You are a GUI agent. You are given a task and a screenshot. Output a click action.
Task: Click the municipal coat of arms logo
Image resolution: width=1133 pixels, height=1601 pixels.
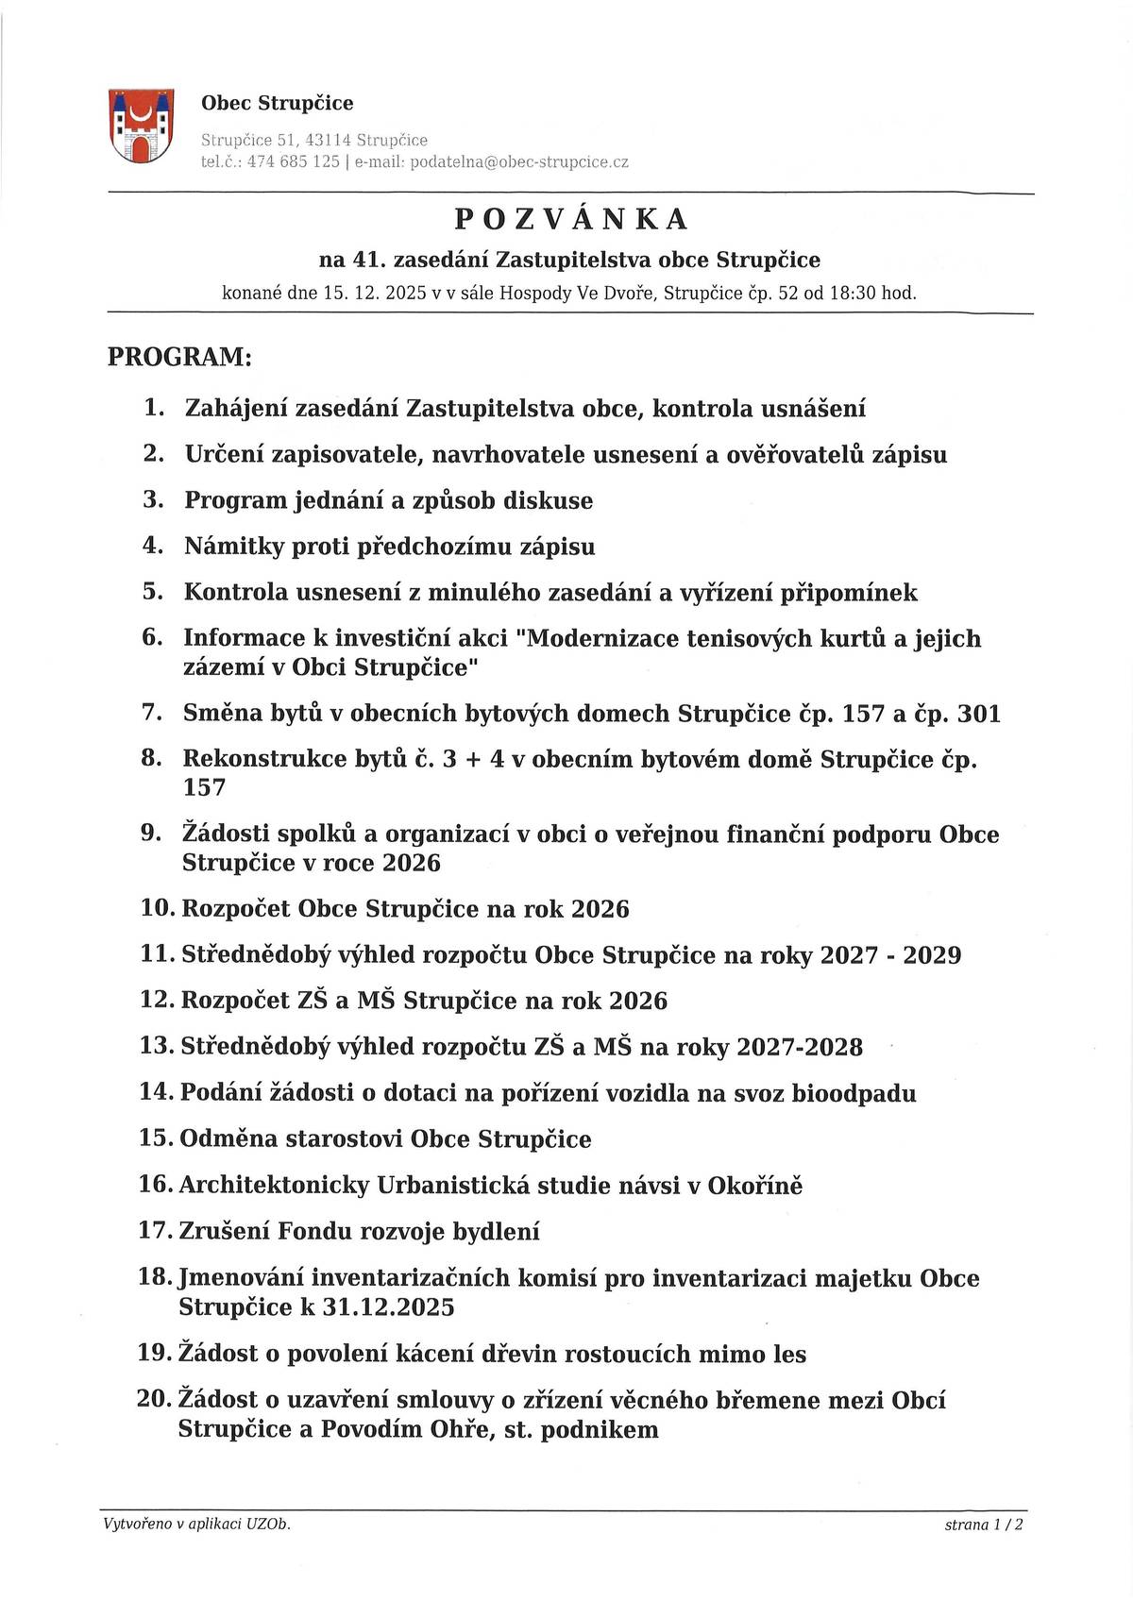tap(142, 126)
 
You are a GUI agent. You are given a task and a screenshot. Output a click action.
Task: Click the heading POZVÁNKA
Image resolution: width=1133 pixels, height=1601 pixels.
tap(571, 219)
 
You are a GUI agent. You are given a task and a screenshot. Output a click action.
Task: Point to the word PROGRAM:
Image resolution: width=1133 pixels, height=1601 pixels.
tap(179, 358)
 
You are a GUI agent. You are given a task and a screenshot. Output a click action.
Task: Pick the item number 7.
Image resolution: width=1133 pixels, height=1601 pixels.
tap(152, 713)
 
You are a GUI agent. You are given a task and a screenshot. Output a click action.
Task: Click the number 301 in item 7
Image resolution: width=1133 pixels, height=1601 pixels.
tap(978, 714)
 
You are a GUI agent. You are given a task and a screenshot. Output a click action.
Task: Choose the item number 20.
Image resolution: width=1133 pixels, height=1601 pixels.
tap(156, 1399)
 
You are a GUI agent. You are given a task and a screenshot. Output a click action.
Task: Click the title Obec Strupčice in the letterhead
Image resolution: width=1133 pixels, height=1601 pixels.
tap(278, 103)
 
